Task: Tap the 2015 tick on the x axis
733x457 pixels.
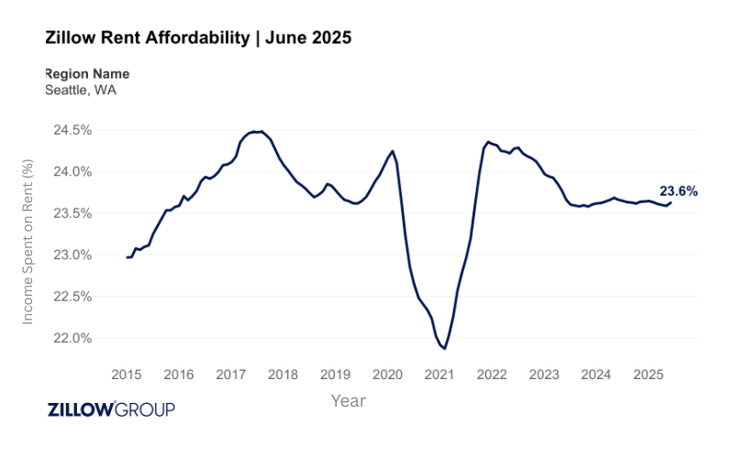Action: click(127, 375)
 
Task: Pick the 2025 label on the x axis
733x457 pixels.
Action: click(649, 375)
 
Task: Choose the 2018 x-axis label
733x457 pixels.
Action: click(283, 375)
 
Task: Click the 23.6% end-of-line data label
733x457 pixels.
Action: click(679, 191)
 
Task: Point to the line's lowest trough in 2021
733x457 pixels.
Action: click(444, 349)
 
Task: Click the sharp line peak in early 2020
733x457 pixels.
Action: click(393, 151)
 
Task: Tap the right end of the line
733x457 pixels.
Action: click(671, 202)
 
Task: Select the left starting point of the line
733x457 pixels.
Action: click(127, 257)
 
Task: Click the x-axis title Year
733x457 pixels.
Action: click(348, 401)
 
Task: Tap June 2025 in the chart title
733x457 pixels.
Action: click(307, 38)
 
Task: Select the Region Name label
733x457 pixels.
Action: click(87, 73)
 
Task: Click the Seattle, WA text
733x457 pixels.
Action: click(81, 90)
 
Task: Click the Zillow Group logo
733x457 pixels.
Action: click(110, 409)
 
